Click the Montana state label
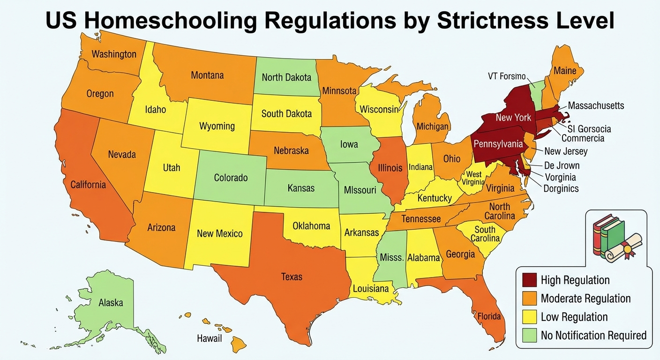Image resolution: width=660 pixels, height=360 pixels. (x=207, y=75)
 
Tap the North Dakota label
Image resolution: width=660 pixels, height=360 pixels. (x=286, y=77)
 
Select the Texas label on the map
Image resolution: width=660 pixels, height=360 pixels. (x=292, y=277)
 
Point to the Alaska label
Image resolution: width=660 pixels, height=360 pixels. (x=111, y=303)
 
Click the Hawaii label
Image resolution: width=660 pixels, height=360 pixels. (x=209, y=338)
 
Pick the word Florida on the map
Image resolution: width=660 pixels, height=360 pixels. (x=489, y=316)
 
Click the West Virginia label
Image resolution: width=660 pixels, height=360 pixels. (x=473, y=179)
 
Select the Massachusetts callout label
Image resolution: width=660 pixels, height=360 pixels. (x=596, y=105)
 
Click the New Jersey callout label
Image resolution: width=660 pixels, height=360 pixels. (x=565, y=151)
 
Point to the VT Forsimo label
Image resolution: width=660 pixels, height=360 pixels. (x=506, y=76)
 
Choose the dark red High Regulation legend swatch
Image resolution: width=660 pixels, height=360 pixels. (x=528, y=280)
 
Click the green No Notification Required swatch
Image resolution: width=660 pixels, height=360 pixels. (x=528, y=335)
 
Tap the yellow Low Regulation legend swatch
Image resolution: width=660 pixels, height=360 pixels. (x=528, y=317)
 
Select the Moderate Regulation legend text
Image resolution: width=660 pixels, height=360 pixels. (x=585, y=299)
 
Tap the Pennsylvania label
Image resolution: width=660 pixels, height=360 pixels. (x=498, y=144)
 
